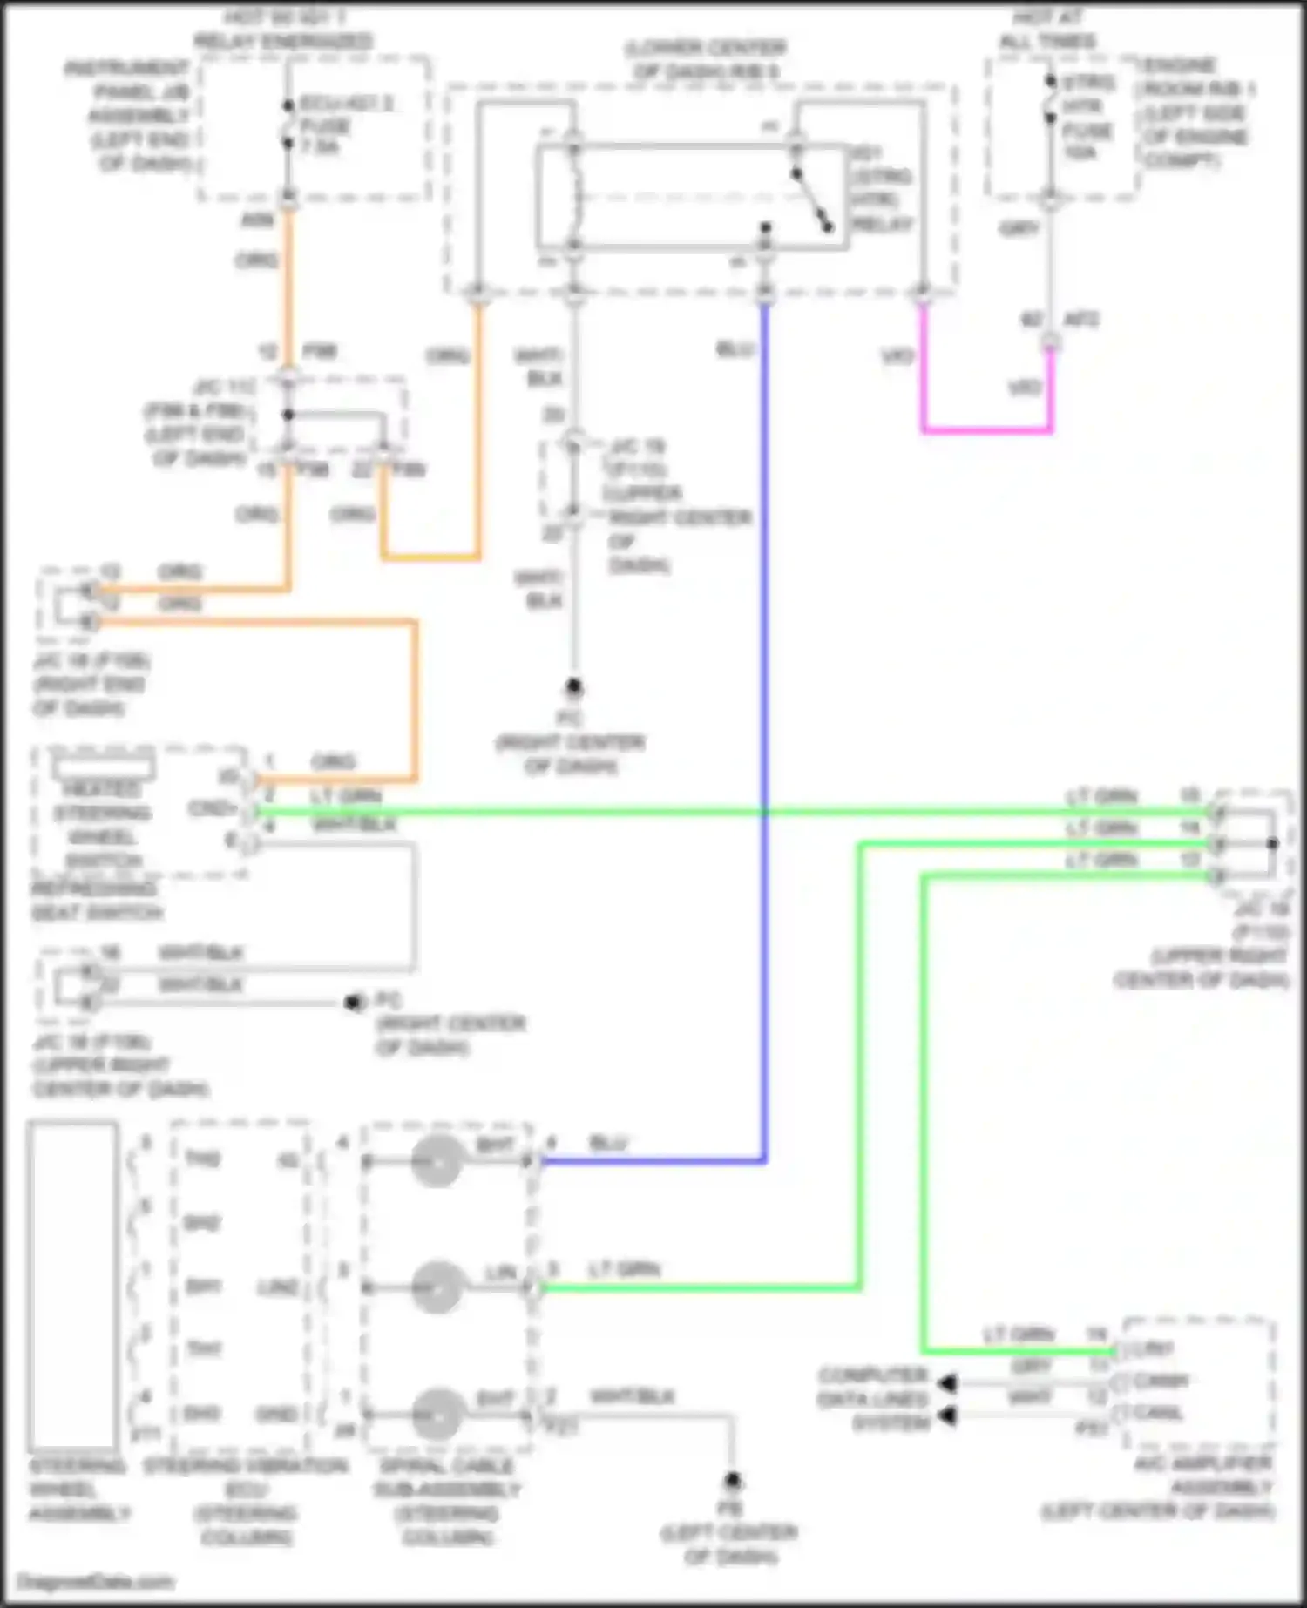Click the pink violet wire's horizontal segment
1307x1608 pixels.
tap(986, 429)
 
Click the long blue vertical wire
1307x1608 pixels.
tap(765, 697)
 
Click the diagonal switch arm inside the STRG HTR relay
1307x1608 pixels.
tap(811, 200)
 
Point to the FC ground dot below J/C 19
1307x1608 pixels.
tap(573, 687)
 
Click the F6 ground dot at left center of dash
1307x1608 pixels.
tap(733, 1480)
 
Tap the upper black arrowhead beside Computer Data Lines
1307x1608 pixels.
tap(948, 1382)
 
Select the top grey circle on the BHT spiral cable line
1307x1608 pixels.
tap(437, 1161)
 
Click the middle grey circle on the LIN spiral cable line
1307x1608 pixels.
tap(437, 1287)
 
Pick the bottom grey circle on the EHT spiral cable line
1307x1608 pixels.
tap(437, 1414)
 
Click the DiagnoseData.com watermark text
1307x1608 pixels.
tap(96, 1582)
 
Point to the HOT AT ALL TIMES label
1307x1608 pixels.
tap(1047, 29)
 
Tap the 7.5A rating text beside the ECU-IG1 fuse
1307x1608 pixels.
tap(320, 147)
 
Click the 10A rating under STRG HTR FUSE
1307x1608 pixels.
tap(1080, 152)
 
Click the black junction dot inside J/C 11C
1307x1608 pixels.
tap(288, 414)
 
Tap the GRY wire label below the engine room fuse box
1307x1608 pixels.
tap(1019, 228)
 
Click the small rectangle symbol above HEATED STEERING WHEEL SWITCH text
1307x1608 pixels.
tap(104, 767)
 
